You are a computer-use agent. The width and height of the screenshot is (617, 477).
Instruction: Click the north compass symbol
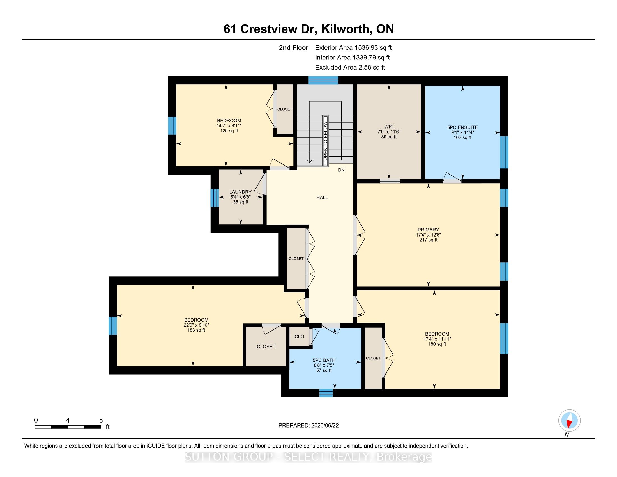569,421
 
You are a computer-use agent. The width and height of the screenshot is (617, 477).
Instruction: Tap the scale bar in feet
68,427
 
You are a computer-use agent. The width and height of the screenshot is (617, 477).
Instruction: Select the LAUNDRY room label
240,192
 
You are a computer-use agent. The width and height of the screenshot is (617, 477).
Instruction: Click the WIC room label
389,127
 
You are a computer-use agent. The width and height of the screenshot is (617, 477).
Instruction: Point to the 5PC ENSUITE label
462,127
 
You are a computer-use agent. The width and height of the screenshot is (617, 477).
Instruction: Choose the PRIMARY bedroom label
428,230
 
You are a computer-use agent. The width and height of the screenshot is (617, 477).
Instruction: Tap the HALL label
322,198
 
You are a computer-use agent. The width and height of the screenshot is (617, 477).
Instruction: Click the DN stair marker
341,170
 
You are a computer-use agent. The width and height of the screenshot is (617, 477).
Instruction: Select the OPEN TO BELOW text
325,141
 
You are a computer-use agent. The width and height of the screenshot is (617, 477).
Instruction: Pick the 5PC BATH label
324,360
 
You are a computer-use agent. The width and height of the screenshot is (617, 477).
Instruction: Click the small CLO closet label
299,336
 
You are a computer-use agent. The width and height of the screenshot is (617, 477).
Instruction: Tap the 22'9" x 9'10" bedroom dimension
196,325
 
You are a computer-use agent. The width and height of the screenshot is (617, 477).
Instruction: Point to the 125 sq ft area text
229,131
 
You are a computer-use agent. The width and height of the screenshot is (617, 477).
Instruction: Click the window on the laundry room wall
215,198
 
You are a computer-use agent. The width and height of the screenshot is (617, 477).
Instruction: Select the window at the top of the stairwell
323,81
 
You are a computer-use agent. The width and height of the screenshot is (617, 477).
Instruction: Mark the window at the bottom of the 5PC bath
326,393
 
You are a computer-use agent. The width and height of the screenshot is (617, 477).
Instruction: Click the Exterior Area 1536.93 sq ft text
353,48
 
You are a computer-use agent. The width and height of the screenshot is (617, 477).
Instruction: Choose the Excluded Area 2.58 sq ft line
350,68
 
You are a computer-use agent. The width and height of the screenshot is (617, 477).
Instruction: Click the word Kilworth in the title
345,29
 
